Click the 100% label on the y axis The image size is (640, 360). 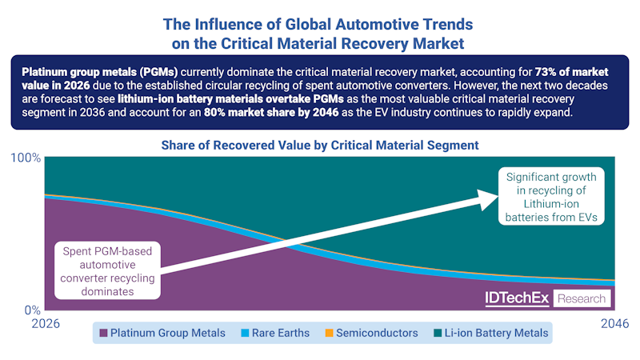click(25, 158)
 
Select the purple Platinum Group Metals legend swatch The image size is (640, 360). click(102, 333)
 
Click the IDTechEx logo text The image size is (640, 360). click(517, 298)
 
